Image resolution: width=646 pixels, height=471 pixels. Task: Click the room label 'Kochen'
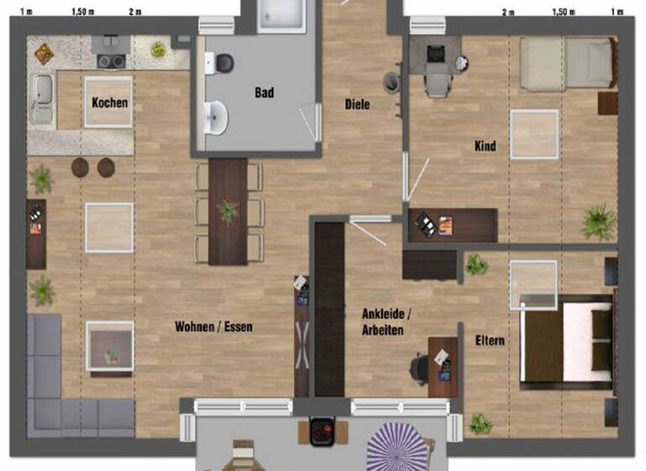pos(110,103)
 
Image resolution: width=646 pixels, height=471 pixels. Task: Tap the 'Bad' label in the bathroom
pos(264,93)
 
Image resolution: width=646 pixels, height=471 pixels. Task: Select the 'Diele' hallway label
pos(357,105)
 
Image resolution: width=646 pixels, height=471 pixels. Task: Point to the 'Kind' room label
pos(485,146)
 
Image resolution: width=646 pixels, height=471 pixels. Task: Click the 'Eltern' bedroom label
pos(490,341)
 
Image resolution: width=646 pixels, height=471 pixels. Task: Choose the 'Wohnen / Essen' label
pos(214,326)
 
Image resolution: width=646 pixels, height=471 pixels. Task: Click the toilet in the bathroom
pos(223,62)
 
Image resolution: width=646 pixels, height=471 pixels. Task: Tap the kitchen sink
pos(41,87)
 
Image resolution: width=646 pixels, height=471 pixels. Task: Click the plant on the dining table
pos(227,209)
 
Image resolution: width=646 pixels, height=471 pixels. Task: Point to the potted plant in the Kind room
pos(598,221)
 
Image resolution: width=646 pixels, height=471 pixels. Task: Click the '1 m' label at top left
pos(26,12)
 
